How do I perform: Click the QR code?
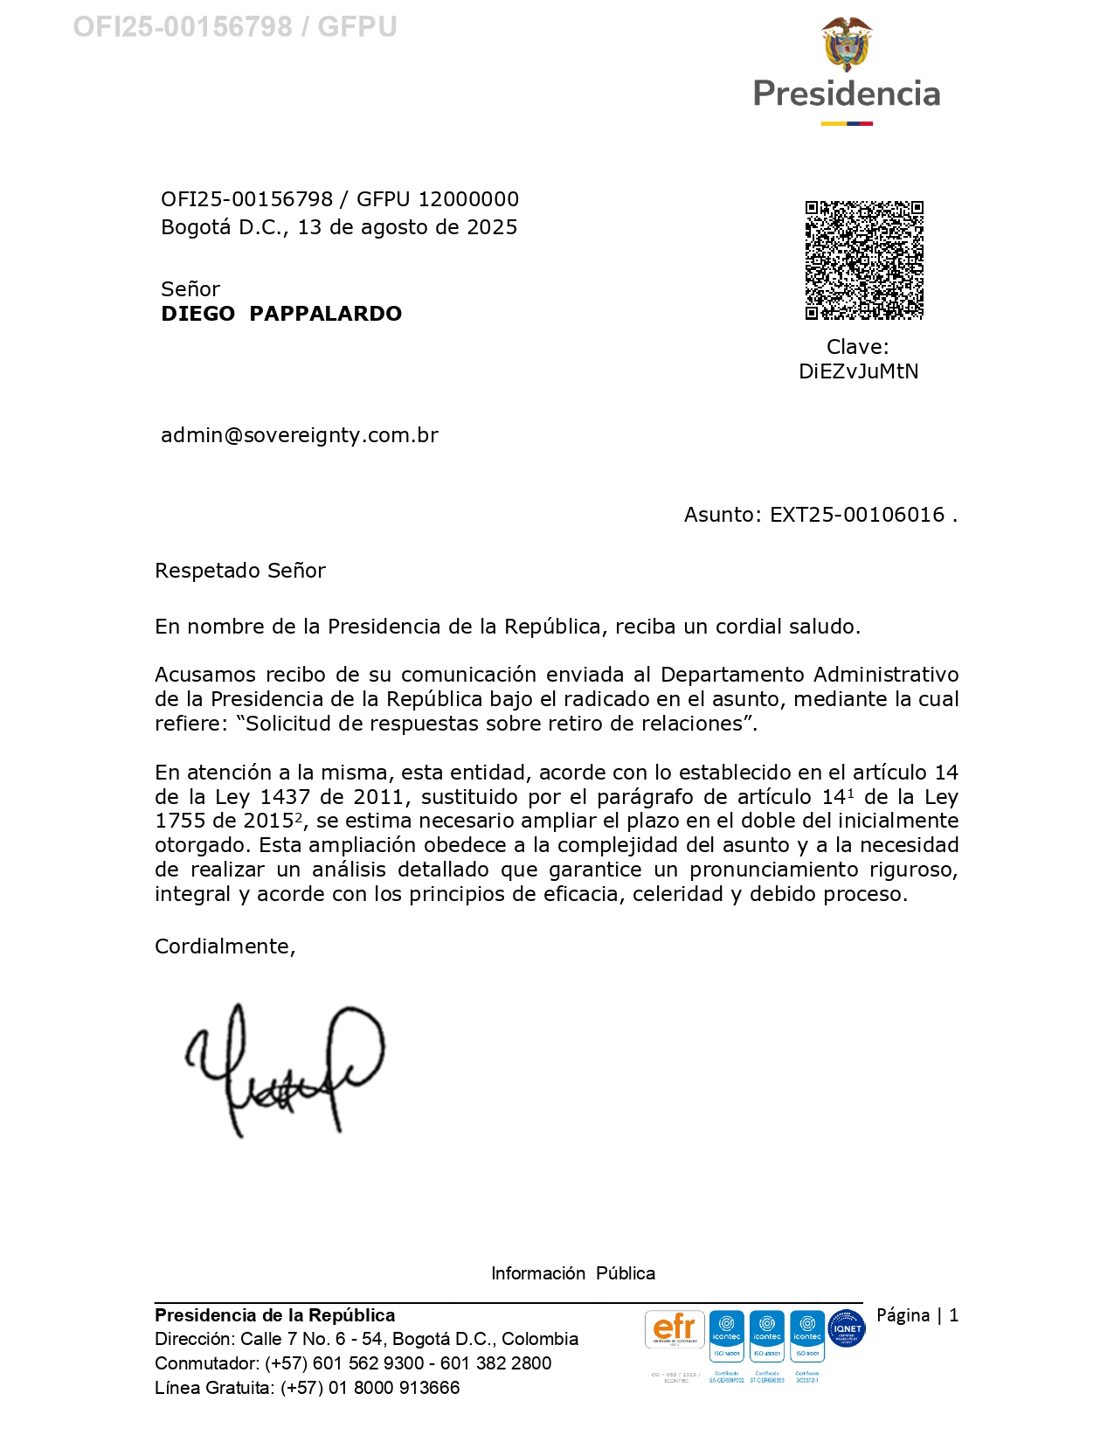coord(863,260)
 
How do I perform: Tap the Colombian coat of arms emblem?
coord(846,44)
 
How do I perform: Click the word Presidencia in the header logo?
coord(846,94)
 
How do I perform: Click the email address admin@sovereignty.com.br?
coord(300,435)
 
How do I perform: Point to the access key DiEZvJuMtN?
coord(858,371)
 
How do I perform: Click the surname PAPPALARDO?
coord(325,314)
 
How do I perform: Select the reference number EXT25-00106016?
coord(856,515)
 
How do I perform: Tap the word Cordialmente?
coord(225,946)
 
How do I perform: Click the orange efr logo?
coord(675,1329)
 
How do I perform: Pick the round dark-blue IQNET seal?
coord(846,1328)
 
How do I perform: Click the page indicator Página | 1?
coord(917,1315)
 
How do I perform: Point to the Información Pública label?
coord(572,1273)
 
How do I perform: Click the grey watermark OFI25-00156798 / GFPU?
coord(234,27)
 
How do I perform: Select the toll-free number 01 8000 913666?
coord(393,1388)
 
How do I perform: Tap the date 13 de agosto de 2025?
coord(407,227)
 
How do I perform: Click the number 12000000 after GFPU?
coord(468,199)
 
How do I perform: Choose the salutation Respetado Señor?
coord(240,571)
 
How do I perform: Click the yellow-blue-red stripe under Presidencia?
coord(846,124)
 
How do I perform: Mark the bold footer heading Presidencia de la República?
coord(274,1315)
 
